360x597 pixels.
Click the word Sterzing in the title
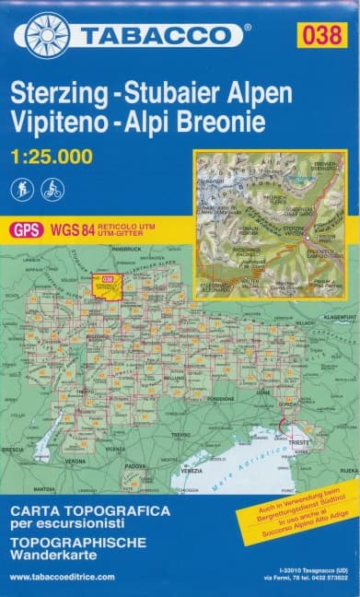pos(62,95)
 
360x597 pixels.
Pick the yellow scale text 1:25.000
pos(52,157)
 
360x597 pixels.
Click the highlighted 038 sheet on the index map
pos(107,281)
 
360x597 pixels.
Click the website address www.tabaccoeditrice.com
pos(62,577)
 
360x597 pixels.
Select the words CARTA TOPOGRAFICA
pos(89,509)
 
